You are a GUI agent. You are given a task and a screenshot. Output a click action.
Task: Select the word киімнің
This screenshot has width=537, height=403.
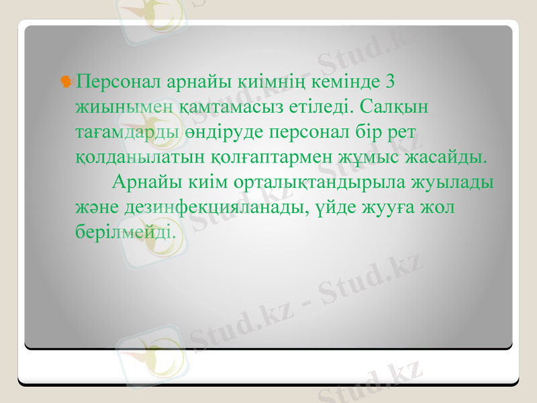coord(271,82)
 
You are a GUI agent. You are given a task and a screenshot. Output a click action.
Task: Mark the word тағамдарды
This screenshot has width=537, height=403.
coord(128,132)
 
